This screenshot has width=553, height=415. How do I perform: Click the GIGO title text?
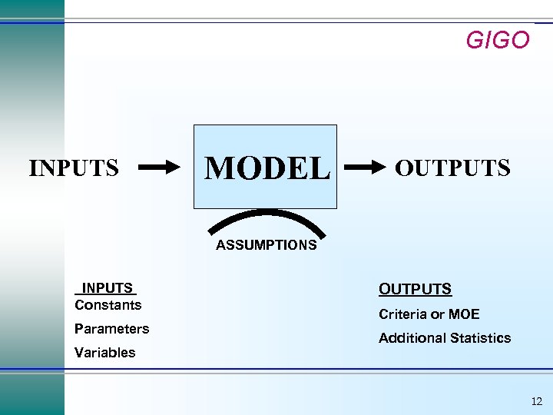point(498,40)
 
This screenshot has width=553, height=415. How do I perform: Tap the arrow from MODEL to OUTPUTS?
point(366,166)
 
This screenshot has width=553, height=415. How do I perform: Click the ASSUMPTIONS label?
point(266,245)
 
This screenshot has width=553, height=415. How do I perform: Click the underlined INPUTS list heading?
point(108,288)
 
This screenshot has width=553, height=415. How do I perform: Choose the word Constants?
point(108,305)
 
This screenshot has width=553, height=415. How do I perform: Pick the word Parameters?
point(111,329)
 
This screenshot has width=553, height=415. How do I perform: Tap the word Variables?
point(104,353)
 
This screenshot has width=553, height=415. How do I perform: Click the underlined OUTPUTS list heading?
point(415,289)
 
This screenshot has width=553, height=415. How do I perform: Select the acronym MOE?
point(464,314)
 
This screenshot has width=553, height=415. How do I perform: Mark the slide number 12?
point(536,401)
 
